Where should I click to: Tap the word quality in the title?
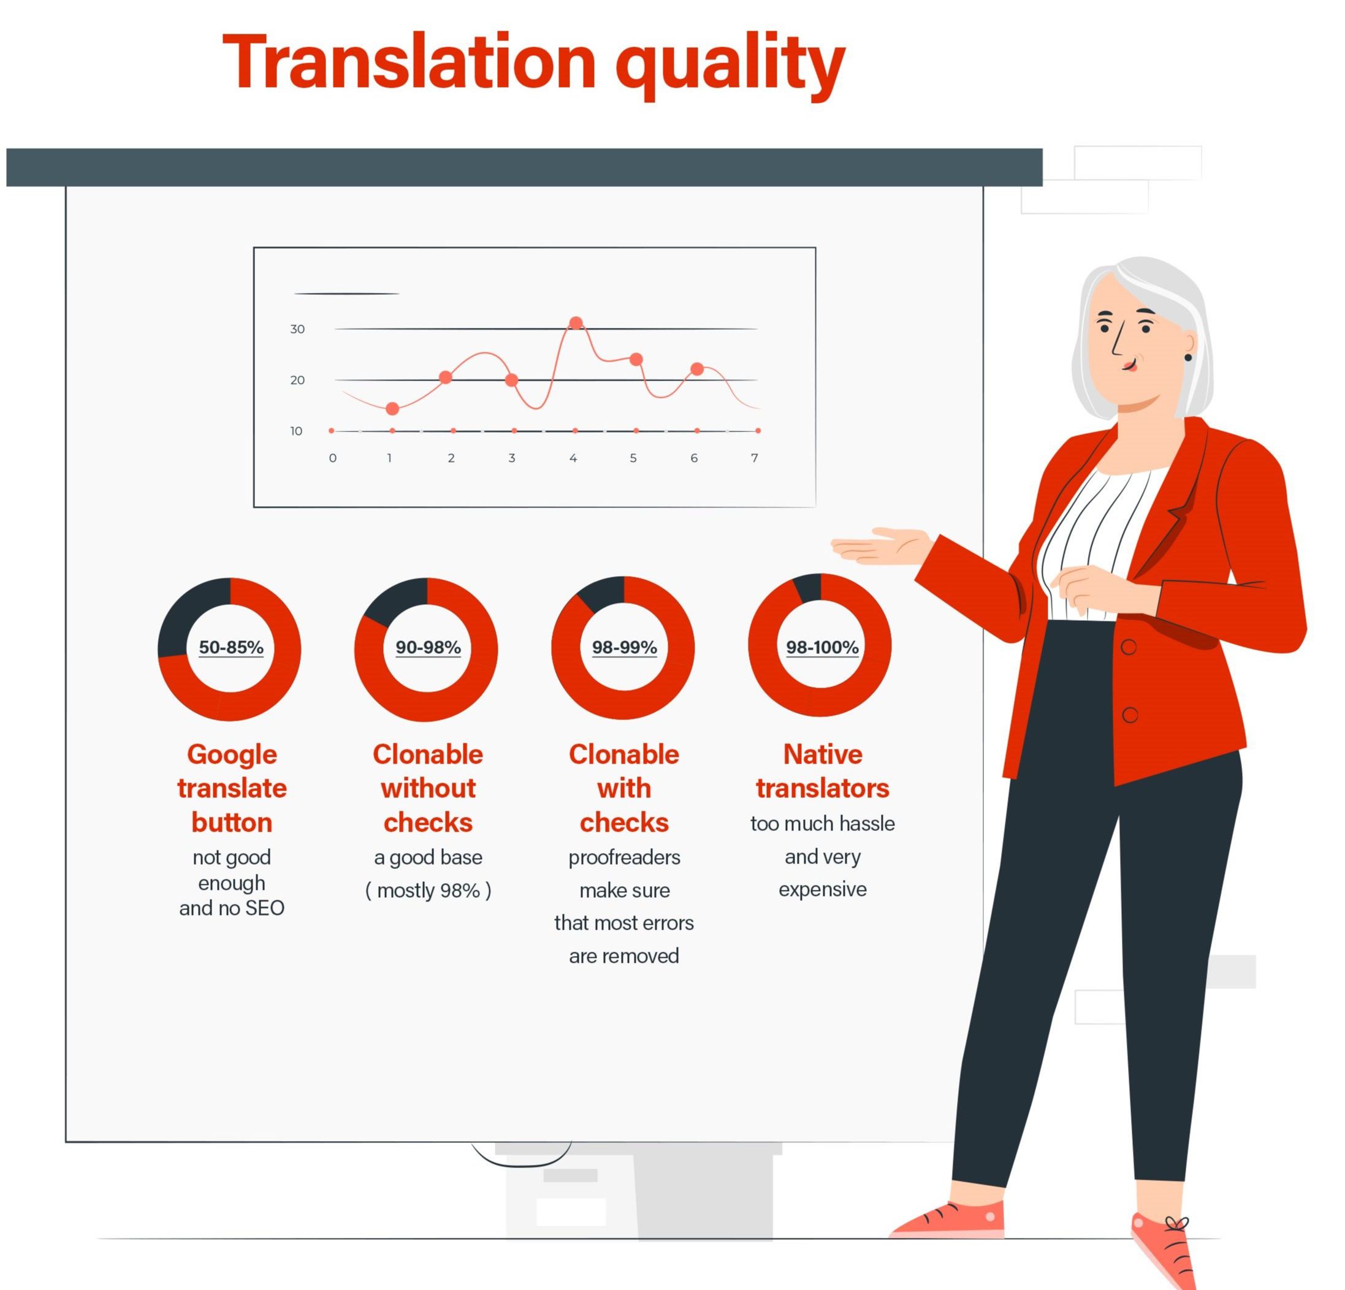tap(730, 67)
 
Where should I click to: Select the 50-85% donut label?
tap(231, 647)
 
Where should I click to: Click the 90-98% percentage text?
tap(427, 647)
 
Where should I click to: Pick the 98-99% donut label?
tap(625, 647)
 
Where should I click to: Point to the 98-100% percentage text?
tap(822, 647)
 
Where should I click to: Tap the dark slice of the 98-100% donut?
tap(808, 588)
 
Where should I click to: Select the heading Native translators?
tap(822, 772)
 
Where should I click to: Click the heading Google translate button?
tap(232, 789)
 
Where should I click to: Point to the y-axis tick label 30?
tap(297, 329)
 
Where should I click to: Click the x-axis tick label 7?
tap(754, 458)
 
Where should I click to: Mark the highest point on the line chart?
tap(576, 322)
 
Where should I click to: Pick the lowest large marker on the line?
tap(392, 409)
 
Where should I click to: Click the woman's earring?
tap(1189, 357)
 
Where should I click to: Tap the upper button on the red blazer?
tap(1129, 647)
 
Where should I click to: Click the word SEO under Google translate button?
tap(264, 908)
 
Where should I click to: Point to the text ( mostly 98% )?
tap(427, 890)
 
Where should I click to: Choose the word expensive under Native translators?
tap(822, 890)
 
